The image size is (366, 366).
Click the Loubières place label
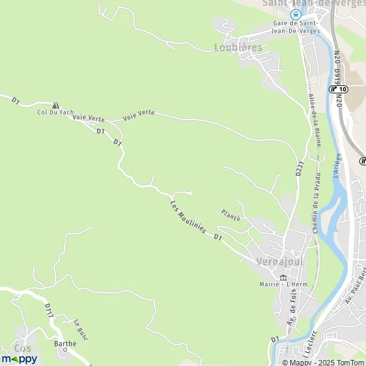point(238,47)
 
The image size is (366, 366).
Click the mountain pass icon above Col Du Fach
point(56,105)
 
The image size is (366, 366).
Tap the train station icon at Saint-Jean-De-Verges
point(296,15)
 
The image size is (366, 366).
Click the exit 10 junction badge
point(339,89)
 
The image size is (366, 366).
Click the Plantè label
point(231,214)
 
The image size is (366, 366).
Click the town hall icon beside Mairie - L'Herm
point(282,278)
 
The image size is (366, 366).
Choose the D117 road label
point(49,310)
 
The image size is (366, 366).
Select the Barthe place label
point(65,343)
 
